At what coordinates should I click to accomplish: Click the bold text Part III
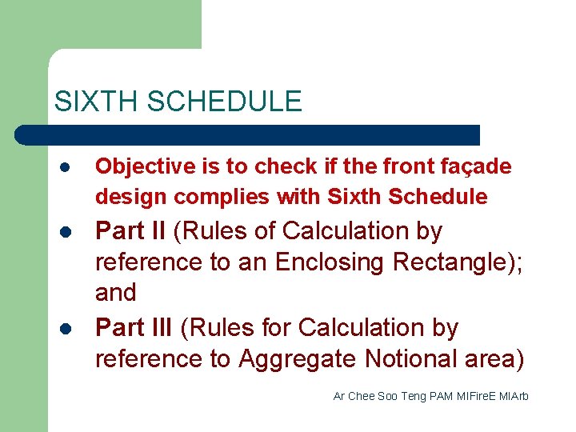(135, 328)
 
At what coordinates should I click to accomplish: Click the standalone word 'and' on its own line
(116, 293)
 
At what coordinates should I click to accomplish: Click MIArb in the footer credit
(514, 397)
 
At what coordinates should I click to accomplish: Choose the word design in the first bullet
(131, 197)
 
